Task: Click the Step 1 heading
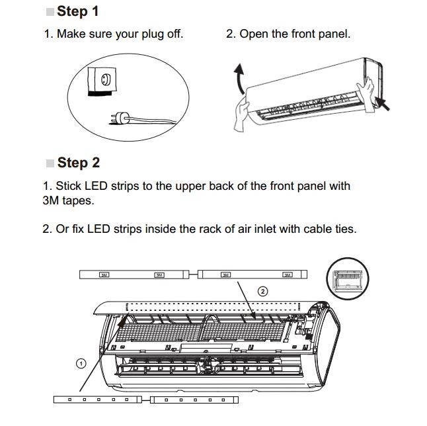(77, 11)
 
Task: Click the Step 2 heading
(77, 163)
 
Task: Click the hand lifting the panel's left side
(243, 114)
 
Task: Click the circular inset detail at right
(347, 280)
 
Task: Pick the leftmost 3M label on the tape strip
(104, 275)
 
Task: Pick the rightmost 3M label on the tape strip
(288, 275)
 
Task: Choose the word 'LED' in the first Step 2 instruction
(95, 186)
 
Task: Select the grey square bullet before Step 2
(50, 163)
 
